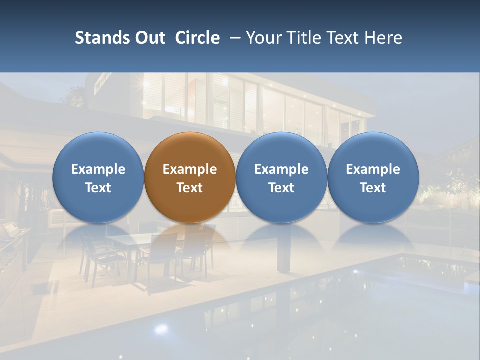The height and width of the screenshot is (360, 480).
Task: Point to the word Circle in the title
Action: click(x=197, y=38)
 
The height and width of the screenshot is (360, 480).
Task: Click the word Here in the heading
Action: click(x=383, y=38)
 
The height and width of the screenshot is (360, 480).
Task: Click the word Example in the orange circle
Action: click(x=190, y=169)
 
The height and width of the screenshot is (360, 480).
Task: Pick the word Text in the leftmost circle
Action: click(x=98, y=188)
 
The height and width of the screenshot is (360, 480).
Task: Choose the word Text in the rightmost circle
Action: click(x=373, y=188)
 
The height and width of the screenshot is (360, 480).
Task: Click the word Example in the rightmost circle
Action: click(x=373, y=169)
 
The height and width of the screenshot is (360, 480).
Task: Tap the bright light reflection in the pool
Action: click(x=161, y=328)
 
